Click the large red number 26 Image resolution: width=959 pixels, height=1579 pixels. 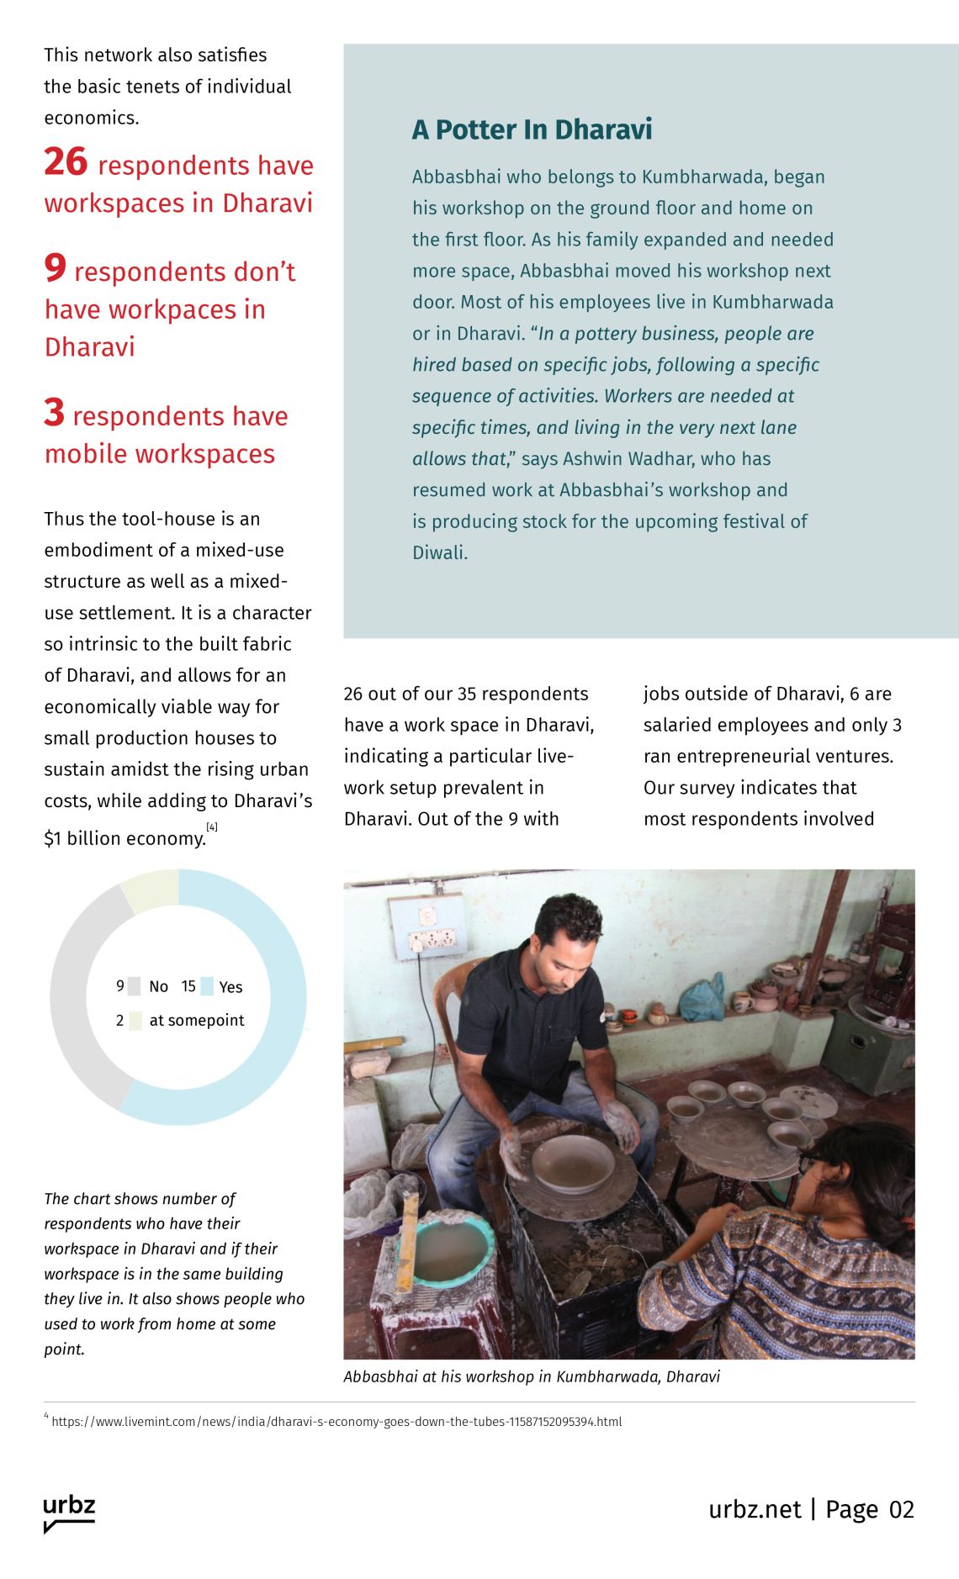click(x=66, y=162)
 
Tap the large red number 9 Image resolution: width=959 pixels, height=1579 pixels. click(x=55, y=268)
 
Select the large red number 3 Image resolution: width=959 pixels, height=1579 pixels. click(x=54, y=413)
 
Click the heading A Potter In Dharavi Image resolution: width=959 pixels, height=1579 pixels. click(x=532, y=129)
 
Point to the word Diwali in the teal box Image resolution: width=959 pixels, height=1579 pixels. click(x=439, y=552)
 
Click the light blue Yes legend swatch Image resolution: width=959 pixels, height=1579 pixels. click(x=207, y=986)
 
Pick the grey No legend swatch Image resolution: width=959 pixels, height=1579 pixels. click(x=135, y=986)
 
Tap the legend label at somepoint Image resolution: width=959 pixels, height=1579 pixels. click(x=197, y=1020)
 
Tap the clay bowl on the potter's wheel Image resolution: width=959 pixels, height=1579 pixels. click(x=573, y=1162)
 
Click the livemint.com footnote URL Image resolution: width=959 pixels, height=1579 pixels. click(x=336, y=1422)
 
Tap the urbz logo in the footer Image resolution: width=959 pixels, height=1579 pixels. click(x=69, y=1512)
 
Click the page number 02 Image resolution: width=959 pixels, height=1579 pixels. click(x=901, y=1510)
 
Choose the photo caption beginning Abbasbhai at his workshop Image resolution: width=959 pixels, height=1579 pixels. click(x=532, y=1376)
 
